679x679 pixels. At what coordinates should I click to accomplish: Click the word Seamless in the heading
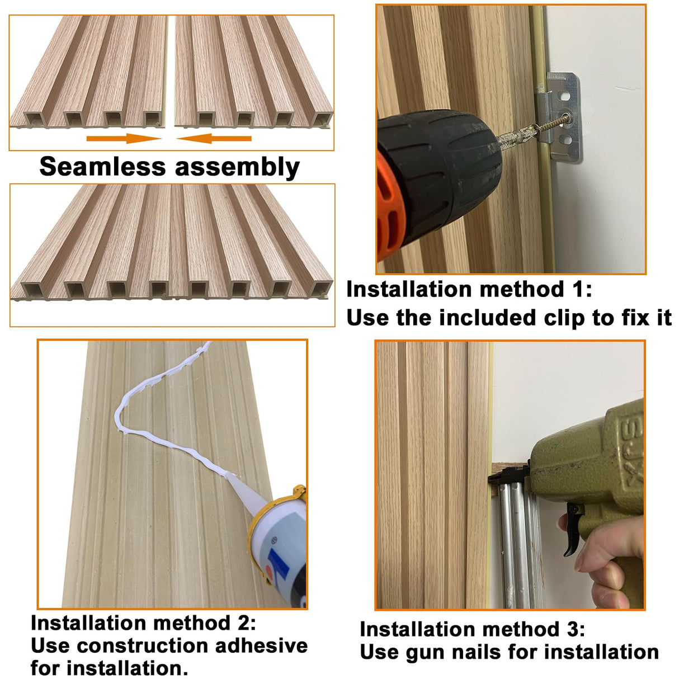[x=102, y=167]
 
